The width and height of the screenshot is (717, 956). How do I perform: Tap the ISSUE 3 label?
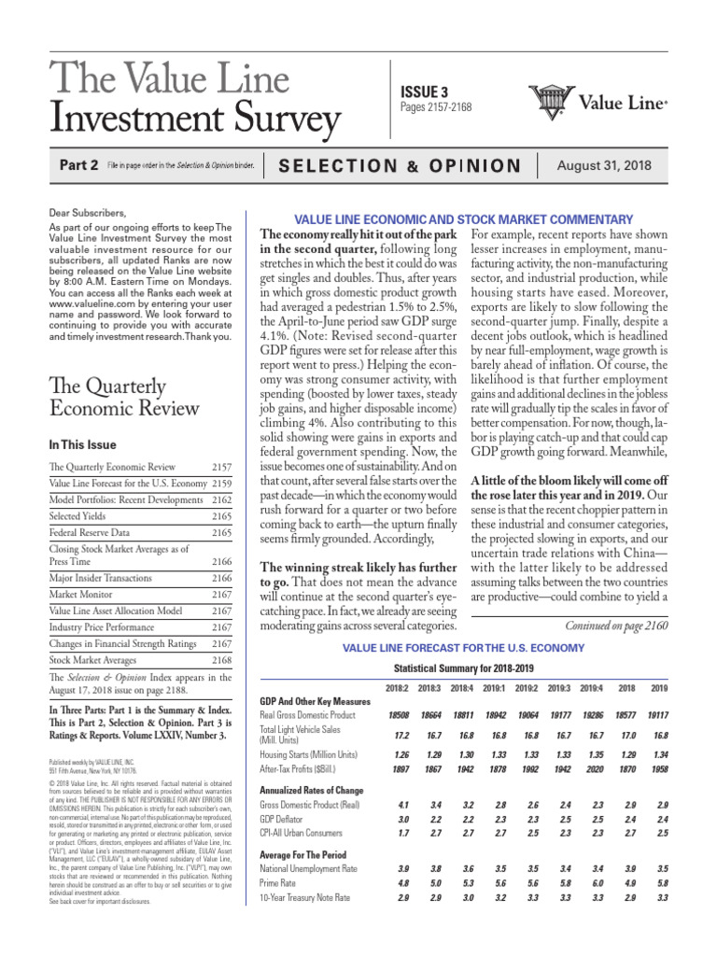click(x=425, y=91)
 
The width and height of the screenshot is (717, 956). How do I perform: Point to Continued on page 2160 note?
click(x=617, y=626)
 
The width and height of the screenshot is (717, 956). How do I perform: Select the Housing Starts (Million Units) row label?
click(x=309, y=753)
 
